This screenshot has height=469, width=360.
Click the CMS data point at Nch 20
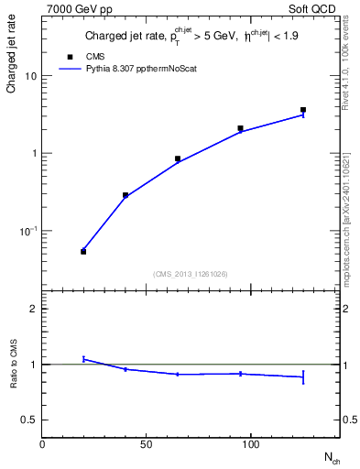pyautogui.click(x=83, y=251)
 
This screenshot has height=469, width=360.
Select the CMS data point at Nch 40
pyautogui.click(x=125, y=195)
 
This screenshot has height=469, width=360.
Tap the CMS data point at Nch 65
pyautogui.click(x=178, y=158)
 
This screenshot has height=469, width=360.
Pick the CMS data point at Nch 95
pyautogui.click(x=240, y=128)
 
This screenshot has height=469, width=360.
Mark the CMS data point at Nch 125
pyautogui.click(x=303, y=110)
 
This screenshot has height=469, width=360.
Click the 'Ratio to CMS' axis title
pyautogui.click(x=14, y=364)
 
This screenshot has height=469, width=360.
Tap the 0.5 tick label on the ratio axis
pyautogui.click(x=28, y=420)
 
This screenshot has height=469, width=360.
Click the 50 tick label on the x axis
pyautogui.click(x=147, y=444)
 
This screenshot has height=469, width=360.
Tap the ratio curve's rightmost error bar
pyautogui.click(x=303, y=376)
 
